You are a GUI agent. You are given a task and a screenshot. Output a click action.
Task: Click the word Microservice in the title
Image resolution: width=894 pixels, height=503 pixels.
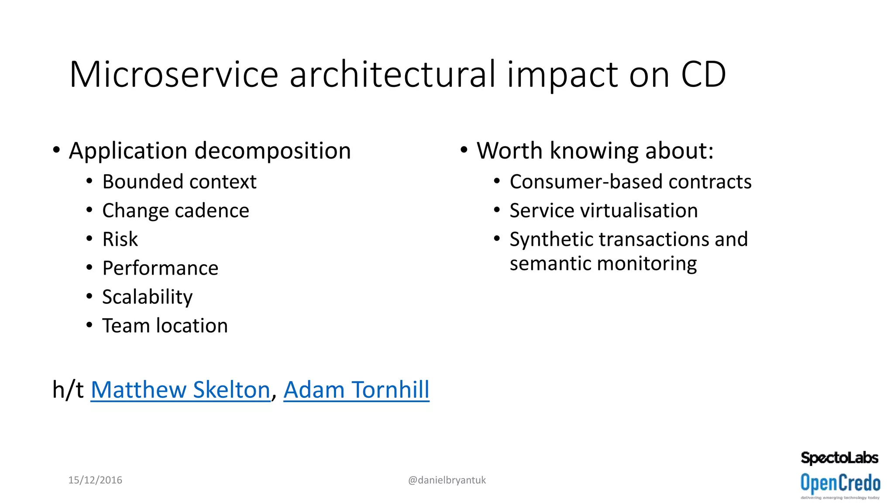[174, 74]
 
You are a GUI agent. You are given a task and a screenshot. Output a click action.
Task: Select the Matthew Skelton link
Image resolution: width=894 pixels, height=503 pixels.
[180, 389]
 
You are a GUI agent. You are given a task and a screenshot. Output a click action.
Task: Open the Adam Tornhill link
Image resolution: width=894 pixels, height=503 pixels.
[356, 389]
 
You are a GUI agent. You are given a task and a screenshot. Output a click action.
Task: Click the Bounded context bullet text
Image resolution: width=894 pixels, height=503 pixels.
[179, 182]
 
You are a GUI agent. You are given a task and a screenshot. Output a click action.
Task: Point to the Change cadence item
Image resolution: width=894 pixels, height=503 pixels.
[175, 210]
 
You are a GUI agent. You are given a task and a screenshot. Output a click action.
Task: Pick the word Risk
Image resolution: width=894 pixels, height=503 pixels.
[120, 239]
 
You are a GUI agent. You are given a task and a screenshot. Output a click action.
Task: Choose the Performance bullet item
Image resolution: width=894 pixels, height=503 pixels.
[160, 268]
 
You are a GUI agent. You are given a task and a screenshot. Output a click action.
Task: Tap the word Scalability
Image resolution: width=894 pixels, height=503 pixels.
[147, 297]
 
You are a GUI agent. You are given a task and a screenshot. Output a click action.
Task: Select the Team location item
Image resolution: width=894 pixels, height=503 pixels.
[165, 326]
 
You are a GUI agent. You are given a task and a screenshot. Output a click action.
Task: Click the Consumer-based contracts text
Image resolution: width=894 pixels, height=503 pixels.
[630, 182]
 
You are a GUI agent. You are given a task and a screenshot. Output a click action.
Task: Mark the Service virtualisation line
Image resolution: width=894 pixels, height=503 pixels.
[604, 210]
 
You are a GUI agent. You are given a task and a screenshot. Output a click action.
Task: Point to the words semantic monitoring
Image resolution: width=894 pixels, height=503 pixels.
[603, 264]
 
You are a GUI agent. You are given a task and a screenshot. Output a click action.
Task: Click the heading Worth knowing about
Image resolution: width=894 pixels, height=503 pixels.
[595, 151]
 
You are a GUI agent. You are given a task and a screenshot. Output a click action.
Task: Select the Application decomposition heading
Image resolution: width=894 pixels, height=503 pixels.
[210, 151]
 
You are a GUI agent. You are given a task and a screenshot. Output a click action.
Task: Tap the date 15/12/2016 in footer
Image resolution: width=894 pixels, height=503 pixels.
[95, 480]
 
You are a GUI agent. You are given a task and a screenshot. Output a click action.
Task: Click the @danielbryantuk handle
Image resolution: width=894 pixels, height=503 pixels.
[447, 480]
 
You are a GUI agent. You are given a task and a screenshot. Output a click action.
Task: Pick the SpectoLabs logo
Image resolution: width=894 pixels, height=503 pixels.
[839, 458]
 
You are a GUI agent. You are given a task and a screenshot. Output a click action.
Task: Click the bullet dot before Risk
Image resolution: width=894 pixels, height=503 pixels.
[89, 239]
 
